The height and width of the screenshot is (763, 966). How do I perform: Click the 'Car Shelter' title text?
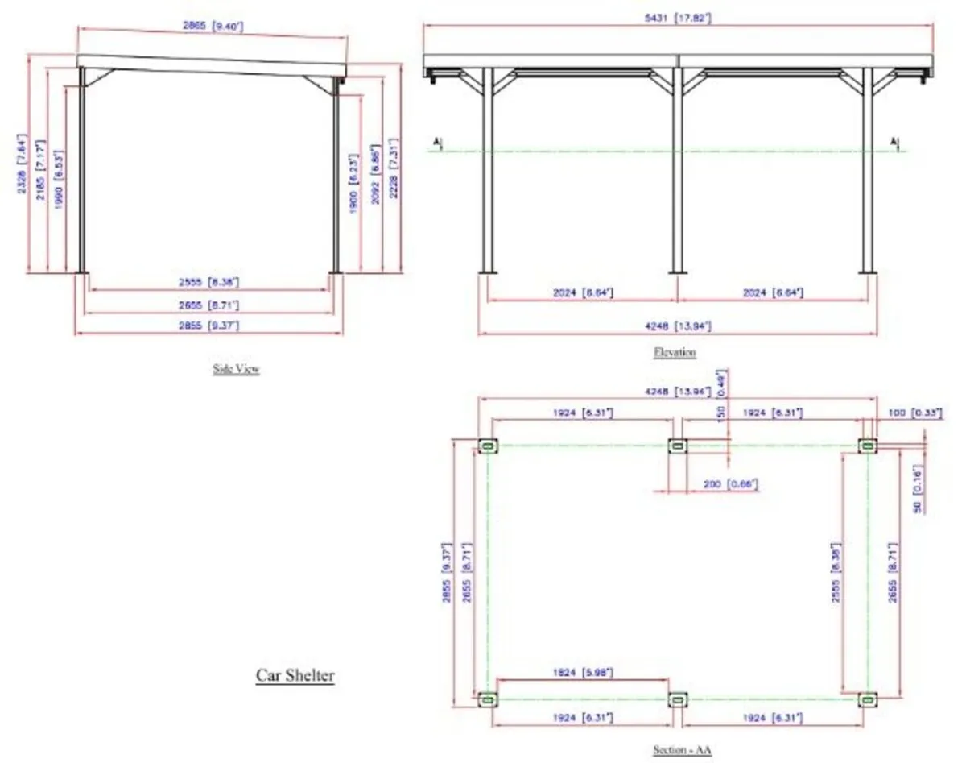pyautogui.click(x=295, y=675)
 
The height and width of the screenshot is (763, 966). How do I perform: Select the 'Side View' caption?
pyautogui.click(x=236, y=370)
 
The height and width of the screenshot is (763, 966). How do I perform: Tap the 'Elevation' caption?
pyautogui.click(x=675, y=352)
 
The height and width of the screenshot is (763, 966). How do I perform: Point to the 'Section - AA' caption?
pyautogui.click(x=682, y=749)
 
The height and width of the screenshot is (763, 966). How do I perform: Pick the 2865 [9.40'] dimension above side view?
pyautogui.click(x=213, y=27)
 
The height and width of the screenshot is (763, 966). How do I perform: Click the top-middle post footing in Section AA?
pyautogui.click(x=677, y=446)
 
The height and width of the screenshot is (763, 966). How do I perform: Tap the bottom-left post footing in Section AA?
pyautogui.click(x=487, y=699)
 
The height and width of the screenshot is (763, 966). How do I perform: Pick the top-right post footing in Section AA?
pyautogui.click(x=867, y=446)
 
